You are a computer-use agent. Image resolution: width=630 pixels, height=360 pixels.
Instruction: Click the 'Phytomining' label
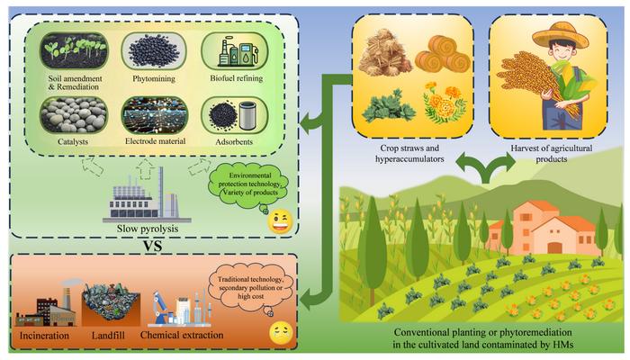(154, 79)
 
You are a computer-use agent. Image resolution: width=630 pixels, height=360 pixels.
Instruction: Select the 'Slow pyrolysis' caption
(148, 229)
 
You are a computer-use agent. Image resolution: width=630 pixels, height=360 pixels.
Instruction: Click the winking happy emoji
(280, 222)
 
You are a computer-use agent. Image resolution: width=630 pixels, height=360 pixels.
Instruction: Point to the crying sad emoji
(281, 333)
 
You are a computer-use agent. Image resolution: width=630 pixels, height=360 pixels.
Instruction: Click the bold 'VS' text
(153, 246)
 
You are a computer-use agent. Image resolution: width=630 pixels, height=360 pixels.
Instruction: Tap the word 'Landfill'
(108, 335)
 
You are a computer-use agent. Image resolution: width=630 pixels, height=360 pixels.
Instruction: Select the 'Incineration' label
(44, 335)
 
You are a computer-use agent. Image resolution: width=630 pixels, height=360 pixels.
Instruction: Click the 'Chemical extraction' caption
(182, 335)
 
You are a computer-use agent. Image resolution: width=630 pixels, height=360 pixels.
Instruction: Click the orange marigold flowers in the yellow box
(445, 102)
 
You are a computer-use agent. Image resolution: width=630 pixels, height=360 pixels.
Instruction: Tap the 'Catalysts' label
(73, 142)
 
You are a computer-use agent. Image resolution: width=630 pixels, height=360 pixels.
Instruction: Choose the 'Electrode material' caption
(155, 141)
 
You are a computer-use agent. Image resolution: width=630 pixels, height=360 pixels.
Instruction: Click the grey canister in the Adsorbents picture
(247, 116)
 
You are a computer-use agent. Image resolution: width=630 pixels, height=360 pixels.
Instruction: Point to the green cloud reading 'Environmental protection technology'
(249, 185)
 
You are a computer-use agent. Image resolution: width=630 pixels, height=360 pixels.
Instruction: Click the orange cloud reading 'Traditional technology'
(251, 287)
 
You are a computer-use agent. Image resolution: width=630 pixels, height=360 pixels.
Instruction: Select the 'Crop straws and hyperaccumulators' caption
(409, 154)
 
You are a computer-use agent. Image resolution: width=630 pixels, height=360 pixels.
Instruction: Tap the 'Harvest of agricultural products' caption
(551, 154)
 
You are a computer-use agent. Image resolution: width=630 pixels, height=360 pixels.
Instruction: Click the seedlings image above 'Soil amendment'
(74, 51)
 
